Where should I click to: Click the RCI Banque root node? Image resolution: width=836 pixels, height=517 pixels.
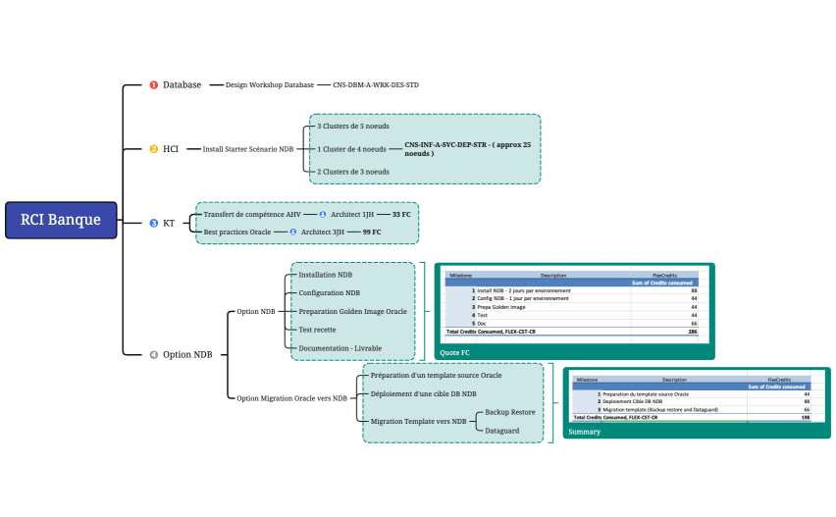click(61, 220)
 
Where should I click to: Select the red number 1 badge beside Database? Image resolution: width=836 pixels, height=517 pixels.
click(153, 85)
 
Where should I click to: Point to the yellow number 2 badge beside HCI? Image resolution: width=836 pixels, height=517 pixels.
click(153, 149)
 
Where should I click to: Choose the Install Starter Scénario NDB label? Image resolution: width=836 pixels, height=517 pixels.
click(247, 149)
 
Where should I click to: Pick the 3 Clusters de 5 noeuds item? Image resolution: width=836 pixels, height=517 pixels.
click(352, 127)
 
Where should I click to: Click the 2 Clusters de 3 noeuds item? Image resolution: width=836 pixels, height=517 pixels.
click(352, 172)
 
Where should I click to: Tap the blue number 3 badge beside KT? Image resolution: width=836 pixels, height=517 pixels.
click(153, 223)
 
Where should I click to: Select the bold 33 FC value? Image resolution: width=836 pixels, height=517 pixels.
click(401, 214)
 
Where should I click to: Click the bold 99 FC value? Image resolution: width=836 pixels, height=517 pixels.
click(372, 232)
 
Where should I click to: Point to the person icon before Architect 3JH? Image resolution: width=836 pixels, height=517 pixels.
click(292, 232)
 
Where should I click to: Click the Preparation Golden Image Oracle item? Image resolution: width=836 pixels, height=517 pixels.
click(352, 311)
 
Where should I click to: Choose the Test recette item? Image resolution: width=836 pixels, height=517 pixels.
click(317, 330)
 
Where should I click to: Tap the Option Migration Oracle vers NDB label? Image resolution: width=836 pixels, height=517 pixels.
click(292, 398)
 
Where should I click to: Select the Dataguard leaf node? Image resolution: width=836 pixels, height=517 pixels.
click(503, 430)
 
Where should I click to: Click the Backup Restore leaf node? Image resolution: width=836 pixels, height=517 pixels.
click(510, 412)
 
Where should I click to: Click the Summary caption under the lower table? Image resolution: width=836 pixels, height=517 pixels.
click(585, 432)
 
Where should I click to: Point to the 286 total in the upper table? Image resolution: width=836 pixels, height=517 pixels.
click(692, 333)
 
